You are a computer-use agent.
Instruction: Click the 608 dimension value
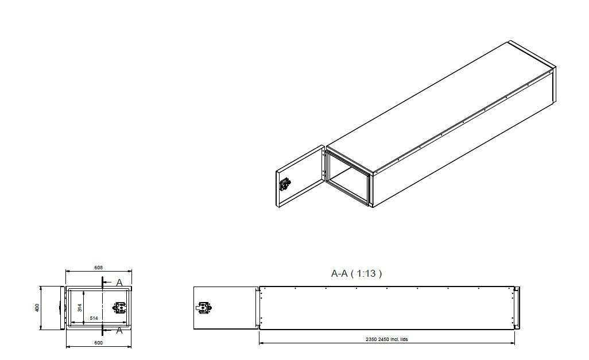pos(99,267)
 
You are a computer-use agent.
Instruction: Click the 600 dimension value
pos(99,343)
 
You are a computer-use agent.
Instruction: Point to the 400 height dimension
pos(37,307)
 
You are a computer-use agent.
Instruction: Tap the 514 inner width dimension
pos(93,318)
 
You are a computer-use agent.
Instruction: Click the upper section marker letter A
pos(119,282)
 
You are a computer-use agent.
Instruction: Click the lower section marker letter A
pos(119,330)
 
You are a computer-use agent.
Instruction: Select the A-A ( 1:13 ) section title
pos(356,274)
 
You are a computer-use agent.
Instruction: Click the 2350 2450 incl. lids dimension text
pos(387,339)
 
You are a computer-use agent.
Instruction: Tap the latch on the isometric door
pos(285,185)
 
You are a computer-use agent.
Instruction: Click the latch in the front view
pos(120,308)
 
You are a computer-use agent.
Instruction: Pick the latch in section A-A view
pos(204,308)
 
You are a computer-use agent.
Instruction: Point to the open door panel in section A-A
pos(224,308)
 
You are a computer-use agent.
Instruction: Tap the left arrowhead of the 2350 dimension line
pos(261,343)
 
